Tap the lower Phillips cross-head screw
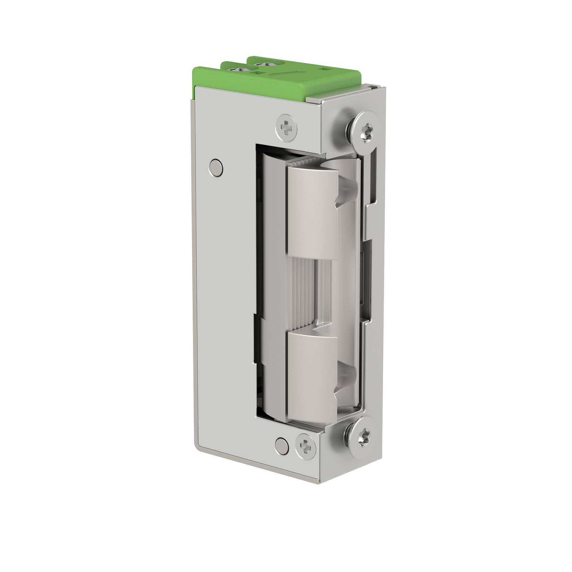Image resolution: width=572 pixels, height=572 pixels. (305, 446)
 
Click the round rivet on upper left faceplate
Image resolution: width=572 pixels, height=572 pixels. (216, 167)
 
